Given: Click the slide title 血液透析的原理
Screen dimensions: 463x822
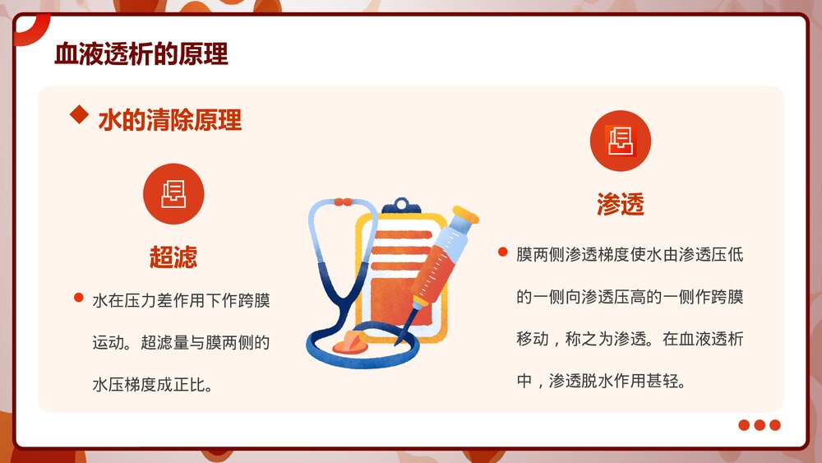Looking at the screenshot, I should click(141, 54).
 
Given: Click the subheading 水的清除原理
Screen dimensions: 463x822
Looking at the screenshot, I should click(169, 120).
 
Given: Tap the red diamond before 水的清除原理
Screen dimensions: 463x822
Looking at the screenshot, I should click(80, 114).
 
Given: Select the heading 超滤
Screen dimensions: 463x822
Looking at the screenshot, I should click(173, 257).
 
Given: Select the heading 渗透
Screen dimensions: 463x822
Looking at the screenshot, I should click(620, 205).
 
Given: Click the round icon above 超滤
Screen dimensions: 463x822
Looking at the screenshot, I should click(173, 194).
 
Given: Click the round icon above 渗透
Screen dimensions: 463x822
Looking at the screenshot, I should click(620, 141).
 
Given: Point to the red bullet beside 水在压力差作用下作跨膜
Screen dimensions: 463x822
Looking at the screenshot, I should click(79, 298).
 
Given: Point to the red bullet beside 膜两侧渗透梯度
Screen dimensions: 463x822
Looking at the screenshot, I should click(502, 251).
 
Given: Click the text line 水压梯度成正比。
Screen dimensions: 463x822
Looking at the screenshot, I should click(153, 384).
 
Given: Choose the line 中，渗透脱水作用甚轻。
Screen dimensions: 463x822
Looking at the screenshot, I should click(601, 382).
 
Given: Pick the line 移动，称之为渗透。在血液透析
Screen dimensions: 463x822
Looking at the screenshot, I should click(630, 339).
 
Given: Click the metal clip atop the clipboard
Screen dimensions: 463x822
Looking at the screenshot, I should click(400, 206).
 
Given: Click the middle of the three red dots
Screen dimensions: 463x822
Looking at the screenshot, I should click(759, 425).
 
